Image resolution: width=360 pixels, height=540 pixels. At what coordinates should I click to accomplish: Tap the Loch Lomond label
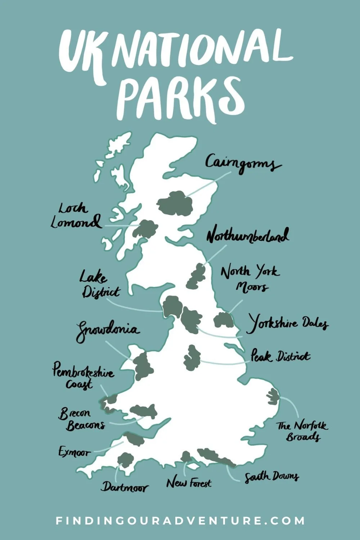[76, 216]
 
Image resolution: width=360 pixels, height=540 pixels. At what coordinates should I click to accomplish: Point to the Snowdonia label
[107, 330]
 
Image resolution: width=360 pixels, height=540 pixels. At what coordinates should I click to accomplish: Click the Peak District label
[280, 356]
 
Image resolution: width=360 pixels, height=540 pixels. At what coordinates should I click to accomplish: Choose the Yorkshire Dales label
[287, 323]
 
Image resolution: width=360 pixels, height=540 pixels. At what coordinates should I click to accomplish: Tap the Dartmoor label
[124, 487]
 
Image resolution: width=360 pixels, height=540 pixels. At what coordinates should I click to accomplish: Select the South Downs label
[271, 477]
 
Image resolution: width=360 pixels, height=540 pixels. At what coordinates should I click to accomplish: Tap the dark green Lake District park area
[173, 306]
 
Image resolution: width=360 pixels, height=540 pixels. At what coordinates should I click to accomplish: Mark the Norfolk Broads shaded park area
[273, 396]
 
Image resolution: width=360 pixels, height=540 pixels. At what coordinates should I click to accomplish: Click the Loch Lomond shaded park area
[146, 229]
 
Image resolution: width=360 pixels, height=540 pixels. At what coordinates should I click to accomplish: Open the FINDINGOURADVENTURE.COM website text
[180, 521]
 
